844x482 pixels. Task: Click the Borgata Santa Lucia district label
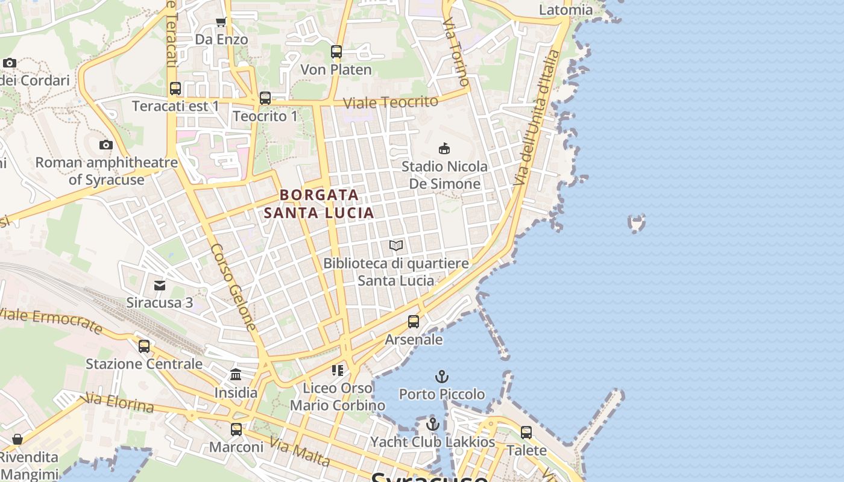pos(319,204)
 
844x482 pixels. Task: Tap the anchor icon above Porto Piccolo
pos(442,377)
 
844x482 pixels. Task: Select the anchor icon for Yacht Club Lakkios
pos(432,425)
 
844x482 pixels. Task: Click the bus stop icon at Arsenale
pos(414,322)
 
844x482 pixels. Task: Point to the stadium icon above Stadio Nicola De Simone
pos(444,148)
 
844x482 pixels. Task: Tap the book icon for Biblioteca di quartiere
pos(396,245)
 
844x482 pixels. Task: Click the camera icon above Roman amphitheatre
pos(106,145)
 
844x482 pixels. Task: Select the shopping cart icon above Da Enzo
pos(221,22)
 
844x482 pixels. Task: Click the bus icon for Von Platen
pos(336,52)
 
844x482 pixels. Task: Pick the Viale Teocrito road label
pos(390,102)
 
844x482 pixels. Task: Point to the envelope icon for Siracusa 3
pos(160,285)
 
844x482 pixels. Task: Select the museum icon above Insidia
pos(236,375)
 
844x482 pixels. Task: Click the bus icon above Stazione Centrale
pos(144,346)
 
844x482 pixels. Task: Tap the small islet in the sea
pos(637,224)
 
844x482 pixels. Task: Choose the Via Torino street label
pos(456,51)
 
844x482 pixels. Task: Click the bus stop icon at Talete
pos(526,432)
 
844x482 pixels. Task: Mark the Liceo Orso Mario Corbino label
pos(338,396)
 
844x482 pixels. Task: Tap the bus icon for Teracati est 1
pos(175,89)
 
